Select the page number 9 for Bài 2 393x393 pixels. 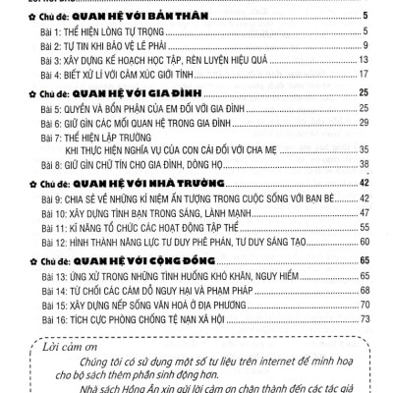point(365,45)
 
